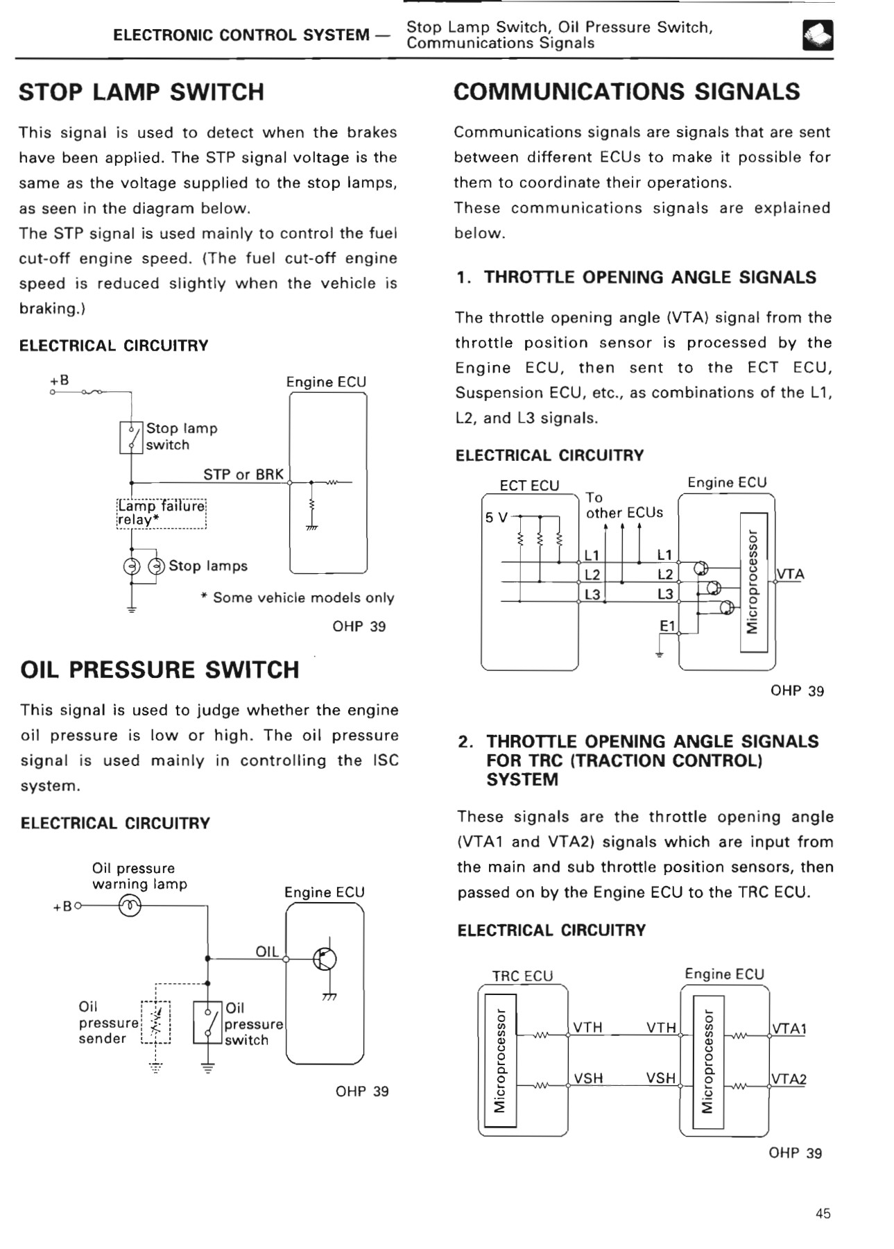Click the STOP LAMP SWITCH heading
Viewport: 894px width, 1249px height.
[141, 92]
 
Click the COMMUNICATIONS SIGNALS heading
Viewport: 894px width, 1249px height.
[626, 92]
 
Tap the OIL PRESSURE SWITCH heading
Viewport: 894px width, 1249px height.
[160, 670]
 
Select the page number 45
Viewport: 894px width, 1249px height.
[823, 1214]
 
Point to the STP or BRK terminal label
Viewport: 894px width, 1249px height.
[243, 475]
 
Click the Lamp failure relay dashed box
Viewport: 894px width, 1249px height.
[161, 513]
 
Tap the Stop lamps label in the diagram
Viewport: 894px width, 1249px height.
[208, 566]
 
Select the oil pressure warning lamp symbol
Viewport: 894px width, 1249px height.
[130, 906]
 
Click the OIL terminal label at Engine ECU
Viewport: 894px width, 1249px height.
[267, 951]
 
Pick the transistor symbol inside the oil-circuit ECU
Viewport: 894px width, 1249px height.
[325, 960]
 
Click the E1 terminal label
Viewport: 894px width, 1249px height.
[667, 626]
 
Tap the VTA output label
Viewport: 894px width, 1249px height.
[791, 575]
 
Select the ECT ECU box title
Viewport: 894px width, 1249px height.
[529, 486]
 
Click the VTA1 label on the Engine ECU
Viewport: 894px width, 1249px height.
[789, 1028]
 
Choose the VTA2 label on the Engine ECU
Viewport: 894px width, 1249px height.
[789, 1079]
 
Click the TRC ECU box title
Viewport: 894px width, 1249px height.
[522, 976]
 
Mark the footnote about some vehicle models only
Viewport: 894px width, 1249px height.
[298, 598]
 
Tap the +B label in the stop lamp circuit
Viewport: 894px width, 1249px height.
[60, 380]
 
